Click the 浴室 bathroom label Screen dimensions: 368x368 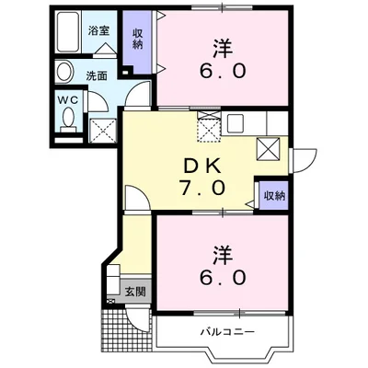tap(97, 30)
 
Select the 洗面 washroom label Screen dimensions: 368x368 tap(98, 76)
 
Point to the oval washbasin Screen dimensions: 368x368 tap(65, 73)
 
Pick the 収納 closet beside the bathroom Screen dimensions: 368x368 tap(136, 42)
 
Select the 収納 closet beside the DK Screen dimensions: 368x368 tap(273, 195)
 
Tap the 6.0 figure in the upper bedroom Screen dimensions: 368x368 tap(222, 71)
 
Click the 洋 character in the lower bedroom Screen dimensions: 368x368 tap(221, 250)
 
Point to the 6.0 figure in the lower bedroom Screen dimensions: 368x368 tap(221, 275)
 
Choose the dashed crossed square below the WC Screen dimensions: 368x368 tap(101, 128)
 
